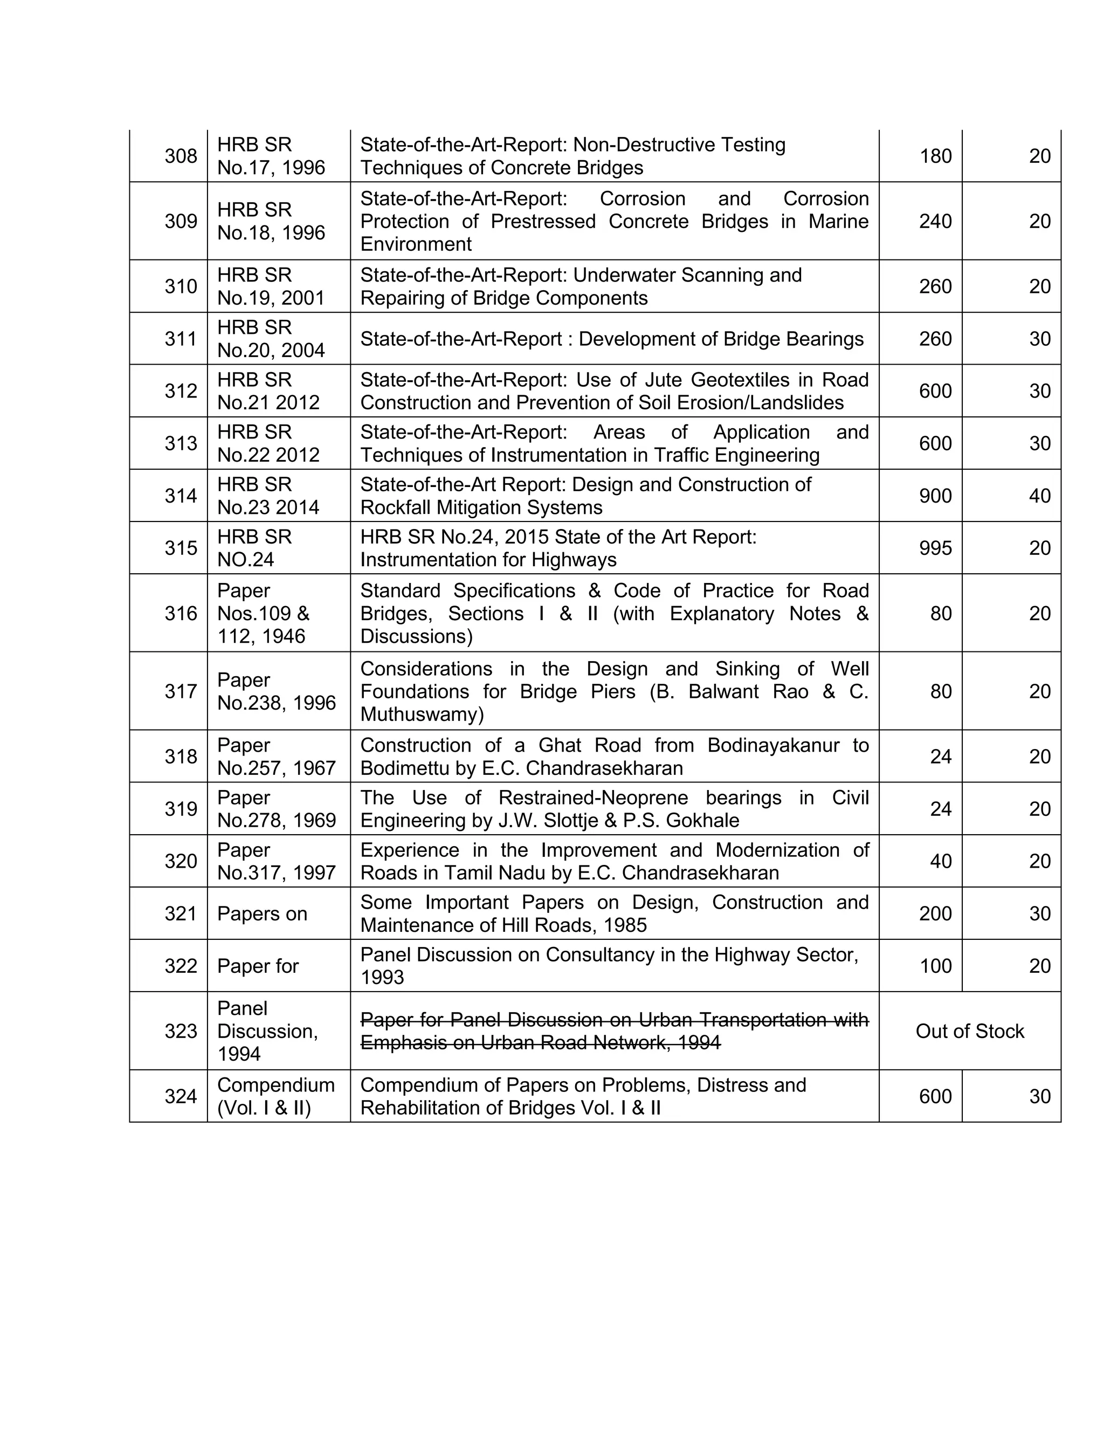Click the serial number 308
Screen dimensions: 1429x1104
(x=181, y=156)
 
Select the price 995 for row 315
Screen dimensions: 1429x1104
(x=935, y=548)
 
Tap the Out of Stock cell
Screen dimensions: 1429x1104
(x=969, y=1031)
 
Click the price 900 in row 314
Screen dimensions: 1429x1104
(x=935, y=496)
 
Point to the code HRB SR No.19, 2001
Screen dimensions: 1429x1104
(x=271, y=286)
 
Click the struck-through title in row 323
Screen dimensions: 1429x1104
(x=613, y=1031)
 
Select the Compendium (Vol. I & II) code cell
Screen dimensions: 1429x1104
(x=275, y=1096)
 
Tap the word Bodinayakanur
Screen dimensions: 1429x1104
(x=773, y=745)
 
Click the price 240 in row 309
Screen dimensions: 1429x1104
(x=935, y=221)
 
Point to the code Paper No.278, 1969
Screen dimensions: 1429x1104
(x=276, y=809)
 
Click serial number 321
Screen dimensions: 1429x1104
(x=181, y=913)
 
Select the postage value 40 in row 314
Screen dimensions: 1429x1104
(x=1039, y=496)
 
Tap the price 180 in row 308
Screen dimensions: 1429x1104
(x=935, y=156)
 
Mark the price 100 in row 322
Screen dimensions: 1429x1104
(x=935, y=966)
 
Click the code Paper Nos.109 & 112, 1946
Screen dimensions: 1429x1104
(x=263, y=613)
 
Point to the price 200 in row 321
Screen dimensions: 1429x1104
(x=935, y=913)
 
